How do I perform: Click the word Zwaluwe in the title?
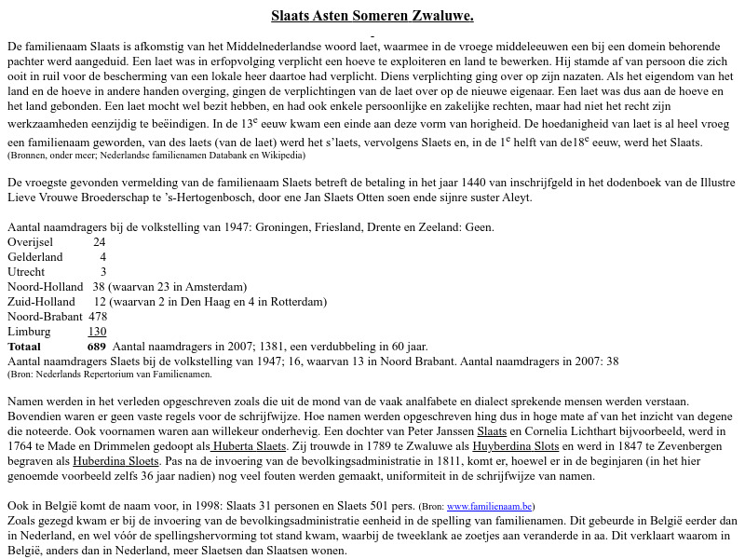[440, 16]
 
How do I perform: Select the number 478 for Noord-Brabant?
[98, 317]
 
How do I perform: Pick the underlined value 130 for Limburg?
[98, 332]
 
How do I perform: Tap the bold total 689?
[97, 347]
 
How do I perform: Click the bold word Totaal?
[24, 347]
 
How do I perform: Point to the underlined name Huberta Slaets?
[249, 447]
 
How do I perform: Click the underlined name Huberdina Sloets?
[116, 462]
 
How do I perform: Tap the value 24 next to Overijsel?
[100, 242]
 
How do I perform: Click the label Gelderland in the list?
[34, 257]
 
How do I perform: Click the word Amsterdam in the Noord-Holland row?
[215, 287]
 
